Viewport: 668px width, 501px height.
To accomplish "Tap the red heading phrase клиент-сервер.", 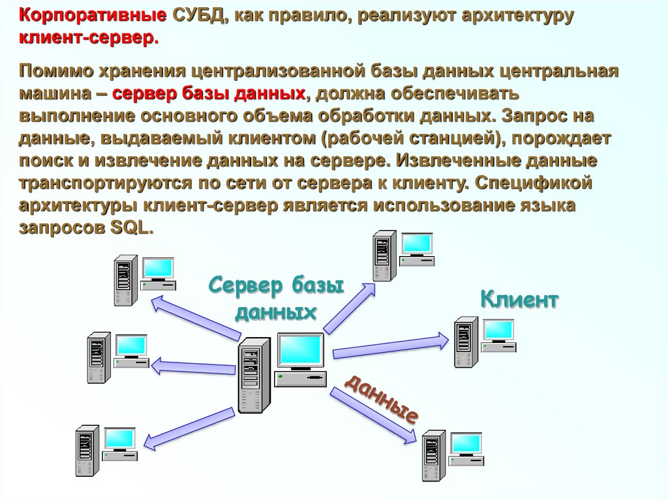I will tap(88, 39).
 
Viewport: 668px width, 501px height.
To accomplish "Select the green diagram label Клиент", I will tap(519, 300).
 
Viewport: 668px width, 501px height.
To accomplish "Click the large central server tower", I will tap(254, 376).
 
